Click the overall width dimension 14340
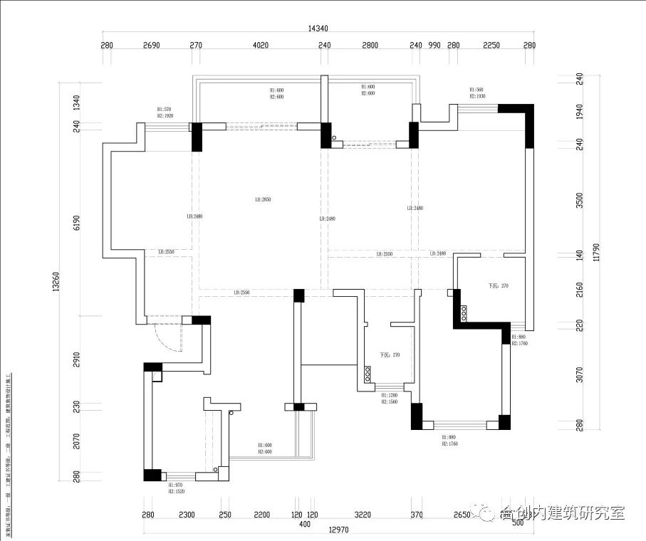(x=318, y=28)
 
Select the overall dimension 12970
(x=318, y=530)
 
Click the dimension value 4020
(x=261, y=45)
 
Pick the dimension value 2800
(x=370, y=45)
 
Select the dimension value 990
(x=434, y=45)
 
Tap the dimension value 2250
(x=491, y=45)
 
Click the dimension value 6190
(x=76, y=224)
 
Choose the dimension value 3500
(x=580, y=200)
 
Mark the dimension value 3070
(x=580, y=374)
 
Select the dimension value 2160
(x=580, y=290)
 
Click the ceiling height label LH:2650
(x=264, y=199)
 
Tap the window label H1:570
(x=165, y=110)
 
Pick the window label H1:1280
(x=390, y=395)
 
